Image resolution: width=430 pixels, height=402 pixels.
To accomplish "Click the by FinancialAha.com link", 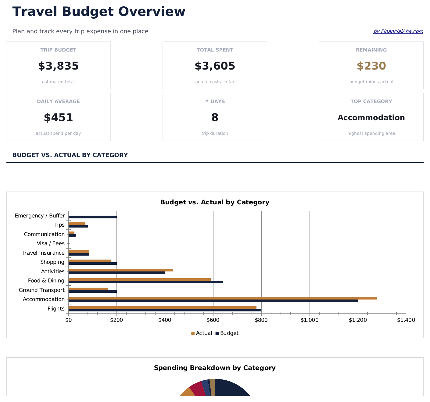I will click(x=398, y=31).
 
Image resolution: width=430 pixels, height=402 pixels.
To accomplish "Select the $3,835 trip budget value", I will click(x=58, y=66).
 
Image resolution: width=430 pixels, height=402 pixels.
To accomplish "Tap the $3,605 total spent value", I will click(x=215, y=66).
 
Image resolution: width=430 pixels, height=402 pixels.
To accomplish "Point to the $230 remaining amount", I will click(x=371, y=66).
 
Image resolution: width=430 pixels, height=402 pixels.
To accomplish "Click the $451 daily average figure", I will click(x=58, y=117).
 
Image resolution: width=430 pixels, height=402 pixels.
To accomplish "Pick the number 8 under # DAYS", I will click(x=215, y=117).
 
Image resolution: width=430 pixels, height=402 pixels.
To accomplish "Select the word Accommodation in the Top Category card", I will click(x=371, y=118).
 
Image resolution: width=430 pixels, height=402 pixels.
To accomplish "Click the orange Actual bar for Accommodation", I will click(x=223, y=298).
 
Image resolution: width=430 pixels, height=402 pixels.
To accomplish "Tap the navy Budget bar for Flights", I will click(x=165, y=310).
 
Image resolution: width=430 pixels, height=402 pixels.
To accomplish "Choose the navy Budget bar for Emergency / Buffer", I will click(x=92, y=217).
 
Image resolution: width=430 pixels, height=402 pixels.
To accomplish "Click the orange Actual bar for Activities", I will click(x=121, y=270).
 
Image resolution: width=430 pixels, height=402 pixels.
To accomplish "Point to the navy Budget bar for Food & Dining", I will click(x=145, y=282).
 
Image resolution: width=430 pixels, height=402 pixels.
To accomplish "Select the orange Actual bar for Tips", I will click(x=77, y=224).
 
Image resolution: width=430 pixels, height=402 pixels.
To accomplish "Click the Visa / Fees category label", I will click(x=51, y=243).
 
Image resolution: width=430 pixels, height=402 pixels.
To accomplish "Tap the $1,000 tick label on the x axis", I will click(x=310, y=320).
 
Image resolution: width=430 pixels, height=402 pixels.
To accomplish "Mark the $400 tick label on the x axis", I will click(x=165, y=320).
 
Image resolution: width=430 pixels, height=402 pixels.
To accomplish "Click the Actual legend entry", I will click(x=202, y=333).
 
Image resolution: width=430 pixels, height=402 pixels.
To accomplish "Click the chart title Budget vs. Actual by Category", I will click(x=215, y=202).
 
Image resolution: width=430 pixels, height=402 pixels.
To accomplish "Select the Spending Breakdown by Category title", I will click(x=215, y=368).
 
